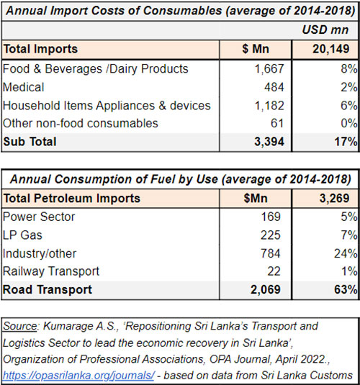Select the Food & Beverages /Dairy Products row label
pos(96,69)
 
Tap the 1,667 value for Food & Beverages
pos(268,69)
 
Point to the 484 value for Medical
pos(274,87)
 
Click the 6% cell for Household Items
pos(348,106)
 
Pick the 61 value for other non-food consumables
pos(278,124)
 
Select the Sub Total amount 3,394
pos(266,142)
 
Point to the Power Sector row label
pos(38,215)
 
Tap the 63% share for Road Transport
pos(345,290)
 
